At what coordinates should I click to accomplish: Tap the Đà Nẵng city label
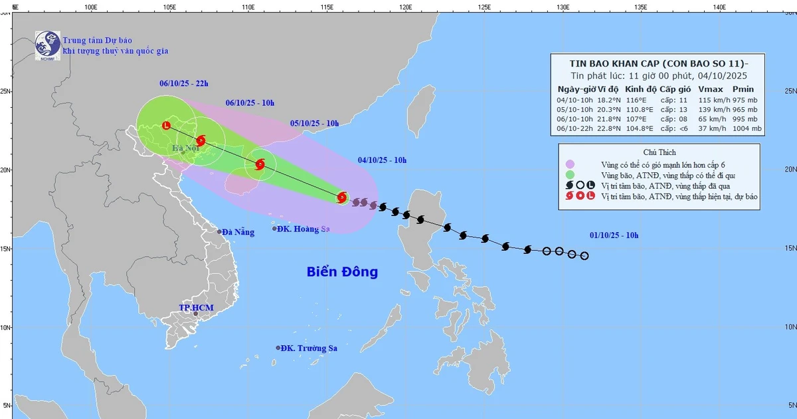coord(238,231)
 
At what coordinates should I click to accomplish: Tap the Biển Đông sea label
coord(342,271)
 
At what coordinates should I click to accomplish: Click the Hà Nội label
coord(185,148)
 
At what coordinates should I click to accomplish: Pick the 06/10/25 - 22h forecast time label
coord(184,84)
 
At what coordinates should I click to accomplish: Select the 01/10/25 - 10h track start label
coord(614,235)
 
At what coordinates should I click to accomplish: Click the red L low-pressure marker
coord(166,125)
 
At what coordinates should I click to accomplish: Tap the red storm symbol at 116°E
coord(341,197)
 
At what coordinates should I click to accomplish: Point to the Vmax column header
coord(711,89)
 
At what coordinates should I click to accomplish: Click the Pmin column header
coord(743,89)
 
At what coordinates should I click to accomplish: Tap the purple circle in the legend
coord(570,164)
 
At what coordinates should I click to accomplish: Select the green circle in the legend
coord(570,175)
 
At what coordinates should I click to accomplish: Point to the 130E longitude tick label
coord(563,7)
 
